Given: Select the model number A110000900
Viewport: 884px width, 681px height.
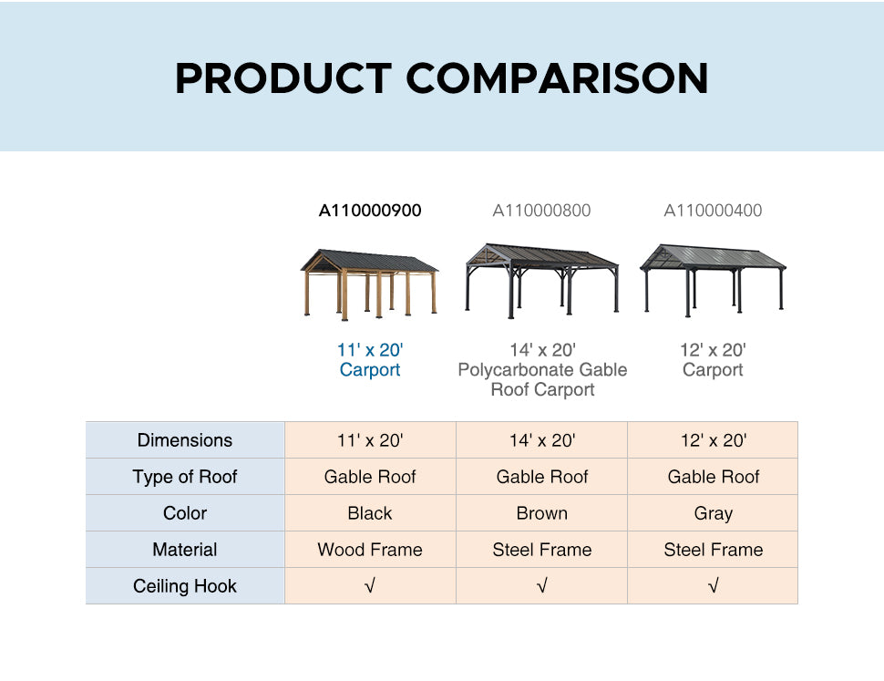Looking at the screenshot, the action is pyautogui.click(x=370, y=211).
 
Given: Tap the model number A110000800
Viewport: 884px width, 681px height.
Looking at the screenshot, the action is pyautogui.click(x=541, y=211).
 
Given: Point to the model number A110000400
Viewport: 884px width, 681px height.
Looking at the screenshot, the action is pyautogui.click(x=713, y=211).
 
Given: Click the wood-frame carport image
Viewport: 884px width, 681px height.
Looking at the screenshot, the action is pyautogui.click(x=369, y=284).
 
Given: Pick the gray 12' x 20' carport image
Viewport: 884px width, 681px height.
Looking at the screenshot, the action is pyautogui.click(x=713, y=280).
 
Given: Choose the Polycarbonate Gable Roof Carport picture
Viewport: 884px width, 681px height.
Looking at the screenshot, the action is pyautogui.click(x=541, y=281).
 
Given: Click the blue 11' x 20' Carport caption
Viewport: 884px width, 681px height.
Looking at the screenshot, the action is pyautogui.click(x=370, y=360).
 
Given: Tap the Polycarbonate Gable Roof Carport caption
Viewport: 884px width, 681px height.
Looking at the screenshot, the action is pyautogui.click(x=542, y=370).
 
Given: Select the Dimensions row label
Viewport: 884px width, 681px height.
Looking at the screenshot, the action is pyautogui.click(x=185, y=439).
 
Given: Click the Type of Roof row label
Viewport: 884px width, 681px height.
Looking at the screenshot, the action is pyautogui.click(x=185, y=477).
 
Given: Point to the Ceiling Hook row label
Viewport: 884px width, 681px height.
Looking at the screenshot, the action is pyautogui.click(x=185, y=585).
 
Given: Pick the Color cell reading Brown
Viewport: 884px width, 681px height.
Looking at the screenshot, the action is pyautogui.click(x=541, y=513).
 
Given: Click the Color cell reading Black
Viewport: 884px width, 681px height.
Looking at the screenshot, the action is pyautogui.click(x=370, y=513).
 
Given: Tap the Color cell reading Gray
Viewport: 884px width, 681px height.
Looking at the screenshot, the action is pyautogui.click(x=714, y=513).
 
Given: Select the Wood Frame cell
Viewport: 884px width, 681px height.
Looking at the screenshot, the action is pyautogui.click(x=370, y=549).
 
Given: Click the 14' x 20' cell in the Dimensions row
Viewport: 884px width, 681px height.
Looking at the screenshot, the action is pyautogui.click(x=541, y=439).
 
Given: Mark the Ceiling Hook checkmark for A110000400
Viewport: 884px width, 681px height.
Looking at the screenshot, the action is pyautogui.click(x=714, y=585).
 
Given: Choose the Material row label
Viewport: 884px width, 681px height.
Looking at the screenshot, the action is pyautogui.click(x=185, y=549).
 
